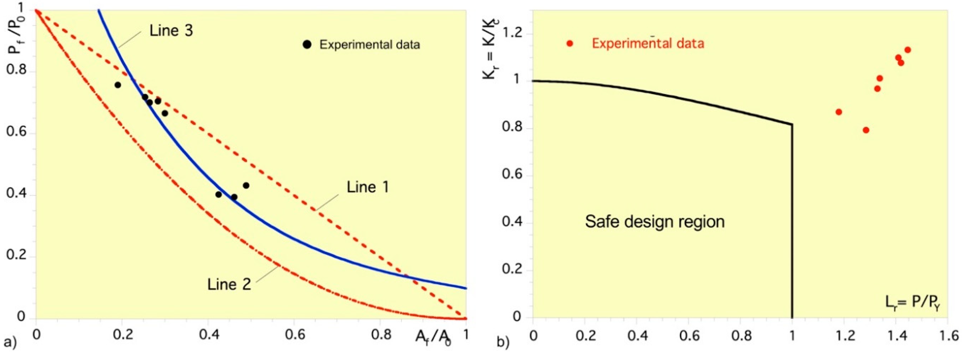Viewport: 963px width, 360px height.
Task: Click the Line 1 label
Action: (368, 187)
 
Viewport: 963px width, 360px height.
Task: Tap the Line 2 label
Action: (229, 285)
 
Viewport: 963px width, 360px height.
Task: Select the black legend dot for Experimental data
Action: (307, 44)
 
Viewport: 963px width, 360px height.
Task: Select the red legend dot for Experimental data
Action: (569, 43)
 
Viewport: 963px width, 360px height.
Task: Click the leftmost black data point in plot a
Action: (118, 85)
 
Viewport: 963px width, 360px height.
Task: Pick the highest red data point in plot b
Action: (907, 50)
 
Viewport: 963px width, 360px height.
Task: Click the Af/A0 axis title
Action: (433, 337)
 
